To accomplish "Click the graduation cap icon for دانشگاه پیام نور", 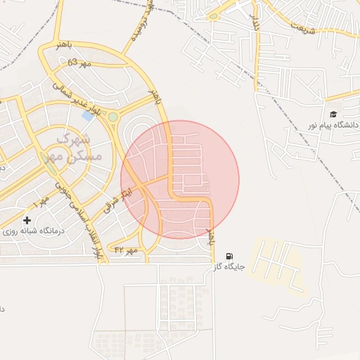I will coord(333,115).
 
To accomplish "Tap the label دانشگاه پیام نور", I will coord(332,125).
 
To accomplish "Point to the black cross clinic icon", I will coord(27,221).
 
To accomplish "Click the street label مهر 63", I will coord(80,64).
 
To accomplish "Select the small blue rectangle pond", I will coord(89,115).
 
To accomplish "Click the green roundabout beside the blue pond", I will coord(112,117).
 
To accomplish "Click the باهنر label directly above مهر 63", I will coord(64,46).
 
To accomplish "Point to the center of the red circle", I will coord(180,180).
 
